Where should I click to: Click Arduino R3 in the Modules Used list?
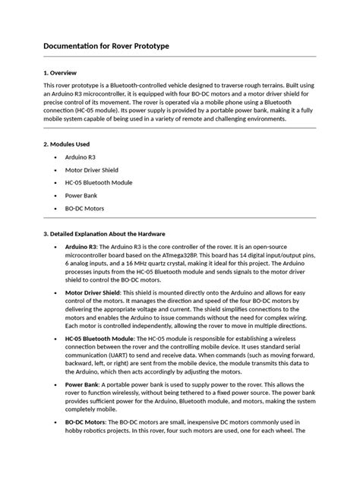[x=81, y=156]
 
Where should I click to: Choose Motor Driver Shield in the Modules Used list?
[x=92, y=169]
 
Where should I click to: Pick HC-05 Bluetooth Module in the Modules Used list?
[x=99, y=182]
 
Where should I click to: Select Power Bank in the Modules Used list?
[x=81, y=195]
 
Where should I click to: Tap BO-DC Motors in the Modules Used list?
[x=85, y=208]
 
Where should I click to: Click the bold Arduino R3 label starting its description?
[x=81, y=248]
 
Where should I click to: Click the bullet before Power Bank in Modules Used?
[x=56, y=195]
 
